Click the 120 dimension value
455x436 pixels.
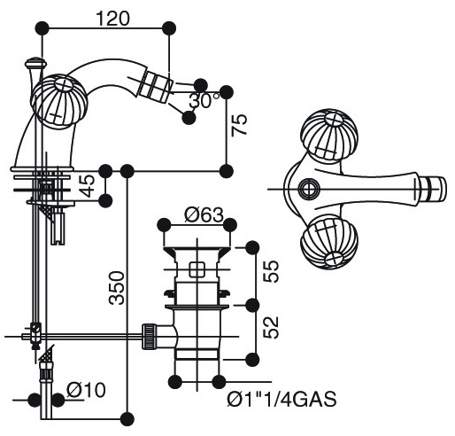click(113, 19)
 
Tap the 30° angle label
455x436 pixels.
click(204, 100)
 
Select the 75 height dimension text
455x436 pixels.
click(239, 125)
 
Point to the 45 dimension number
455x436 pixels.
click(88, 186)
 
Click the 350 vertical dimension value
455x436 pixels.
click(117, 288)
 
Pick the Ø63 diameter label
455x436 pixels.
click(204, 214)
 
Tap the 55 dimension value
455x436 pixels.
click(271, 271)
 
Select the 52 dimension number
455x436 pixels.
click(271, 328)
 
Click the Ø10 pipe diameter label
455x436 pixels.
click(86, 390)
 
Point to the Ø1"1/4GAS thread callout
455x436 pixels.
click(281, 400)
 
